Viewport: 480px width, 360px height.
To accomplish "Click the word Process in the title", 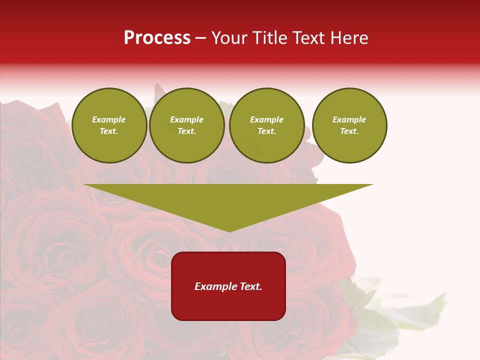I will point(157,38).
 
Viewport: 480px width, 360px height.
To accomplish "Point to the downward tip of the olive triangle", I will point(229,231).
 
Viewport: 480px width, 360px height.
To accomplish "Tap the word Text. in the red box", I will point(250,286).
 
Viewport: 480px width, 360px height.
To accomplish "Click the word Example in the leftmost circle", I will point(109,119).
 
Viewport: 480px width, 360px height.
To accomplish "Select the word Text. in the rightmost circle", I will point(349,131).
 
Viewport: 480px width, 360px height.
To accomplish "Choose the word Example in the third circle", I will point(266,119).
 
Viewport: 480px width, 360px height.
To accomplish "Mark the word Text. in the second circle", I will point(186,131).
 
